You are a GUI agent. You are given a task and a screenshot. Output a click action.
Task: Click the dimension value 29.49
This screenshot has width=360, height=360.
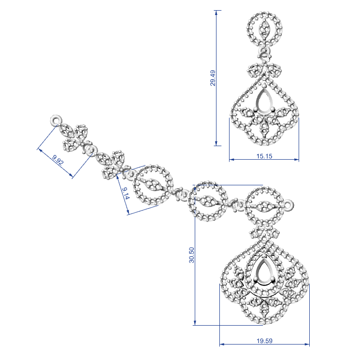(x=213, y=78)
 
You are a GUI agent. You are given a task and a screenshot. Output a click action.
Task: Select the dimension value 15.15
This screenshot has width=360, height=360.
(x=264, y=156)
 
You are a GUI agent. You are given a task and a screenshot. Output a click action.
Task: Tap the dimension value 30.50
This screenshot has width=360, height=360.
(x=192, y=255)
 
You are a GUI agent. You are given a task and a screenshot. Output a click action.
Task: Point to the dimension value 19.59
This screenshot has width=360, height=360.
(x=264, y=341)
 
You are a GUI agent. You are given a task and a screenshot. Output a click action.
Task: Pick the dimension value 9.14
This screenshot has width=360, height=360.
(x=125, y=193)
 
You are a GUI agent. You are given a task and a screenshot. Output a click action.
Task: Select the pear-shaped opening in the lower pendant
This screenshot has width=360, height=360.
(x=264, y=272)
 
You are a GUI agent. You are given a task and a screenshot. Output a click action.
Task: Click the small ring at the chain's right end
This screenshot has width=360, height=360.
(x=288, y=205)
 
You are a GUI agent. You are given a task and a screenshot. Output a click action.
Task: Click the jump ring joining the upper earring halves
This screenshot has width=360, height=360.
(x=264, y=51)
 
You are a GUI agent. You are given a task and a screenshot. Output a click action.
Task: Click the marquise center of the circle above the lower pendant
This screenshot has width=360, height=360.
(x=264, y=207)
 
